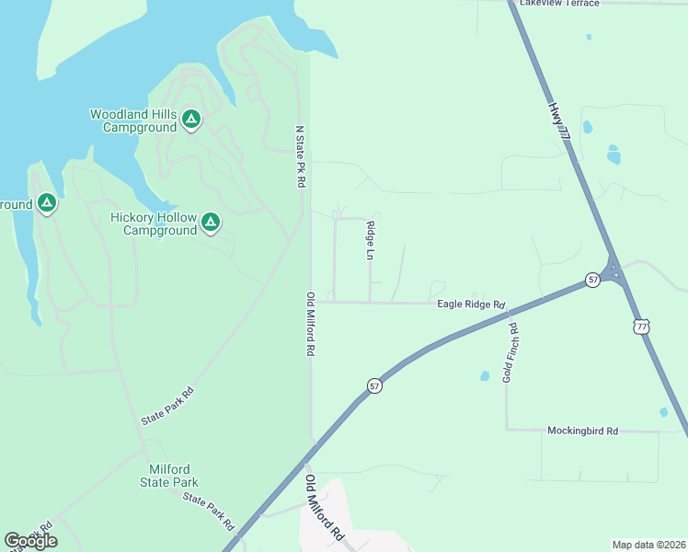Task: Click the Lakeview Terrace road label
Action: (558, 4)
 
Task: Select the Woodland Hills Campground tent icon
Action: (191, 119)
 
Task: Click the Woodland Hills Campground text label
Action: (132, 121)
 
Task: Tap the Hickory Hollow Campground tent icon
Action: (211, 222)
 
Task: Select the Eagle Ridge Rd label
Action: (471, 305)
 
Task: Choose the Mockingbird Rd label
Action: (582, 431)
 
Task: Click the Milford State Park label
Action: (169, 476)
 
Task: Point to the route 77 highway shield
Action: (640, 327)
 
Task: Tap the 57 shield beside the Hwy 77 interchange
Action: (593, 279)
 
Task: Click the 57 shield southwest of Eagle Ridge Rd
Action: (374, 385)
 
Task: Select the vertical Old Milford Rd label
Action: (311, 325)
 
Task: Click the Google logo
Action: (30, 541)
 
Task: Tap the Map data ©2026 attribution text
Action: (648, 545)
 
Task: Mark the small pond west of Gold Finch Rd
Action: (484, 376)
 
